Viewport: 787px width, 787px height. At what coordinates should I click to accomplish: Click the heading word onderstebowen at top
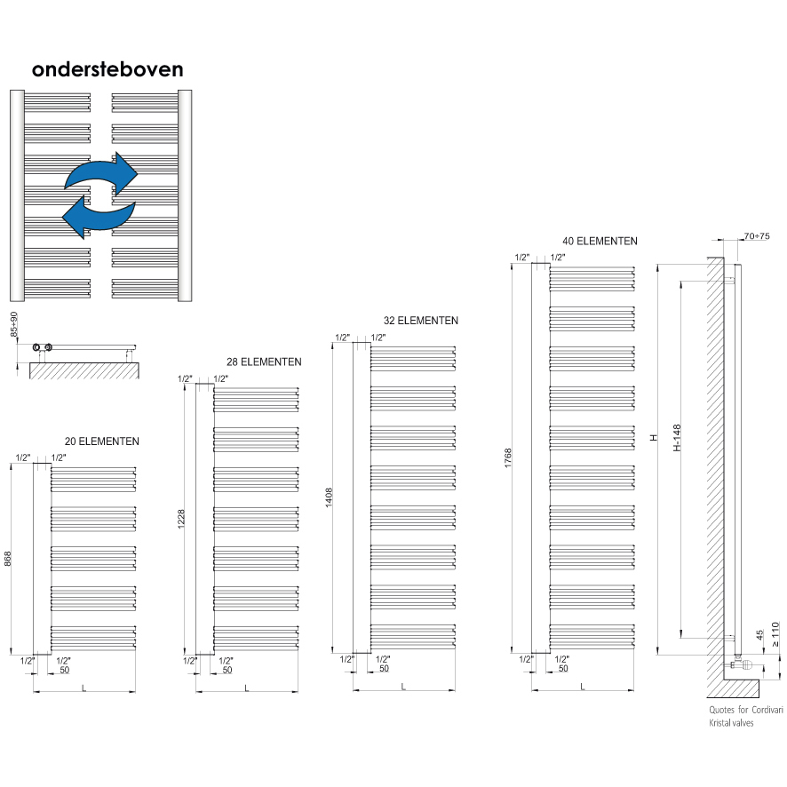coord(107,69)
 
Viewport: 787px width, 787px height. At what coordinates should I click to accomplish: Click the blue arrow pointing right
coord(102,172)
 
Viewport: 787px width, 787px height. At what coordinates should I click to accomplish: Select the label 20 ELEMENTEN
coord(102,441)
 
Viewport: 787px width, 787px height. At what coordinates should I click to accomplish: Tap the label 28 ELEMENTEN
coord(264,362)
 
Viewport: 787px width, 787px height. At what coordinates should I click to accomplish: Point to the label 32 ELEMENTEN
coord(421,321)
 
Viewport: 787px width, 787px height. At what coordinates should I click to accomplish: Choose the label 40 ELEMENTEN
coord(600,241)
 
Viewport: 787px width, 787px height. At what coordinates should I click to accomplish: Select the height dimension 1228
coord(182,520)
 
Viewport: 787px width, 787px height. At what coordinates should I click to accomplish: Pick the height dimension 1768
coord(507,459)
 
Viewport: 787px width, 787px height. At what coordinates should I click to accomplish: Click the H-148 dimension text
coord(676,437)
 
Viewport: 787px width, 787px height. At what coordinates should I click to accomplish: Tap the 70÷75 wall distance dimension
coord(758,237)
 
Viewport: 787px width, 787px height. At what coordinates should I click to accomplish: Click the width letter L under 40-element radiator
coord(583,686)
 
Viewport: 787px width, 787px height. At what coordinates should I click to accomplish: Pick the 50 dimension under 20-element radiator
coord(65,669)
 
